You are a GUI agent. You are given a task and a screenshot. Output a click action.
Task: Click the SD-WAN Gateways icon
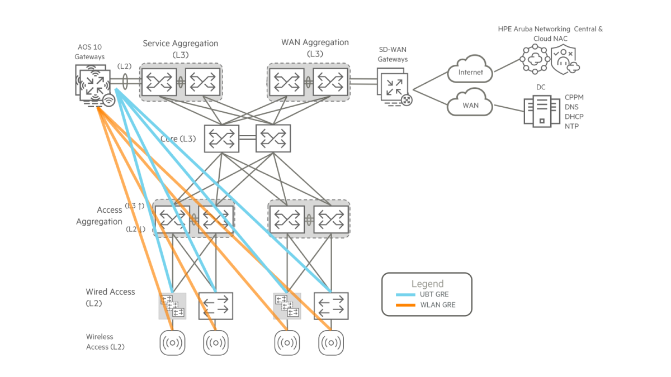point(394,87)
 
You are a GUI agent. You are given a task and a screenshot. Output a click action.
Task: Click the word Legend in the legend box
point(427,284)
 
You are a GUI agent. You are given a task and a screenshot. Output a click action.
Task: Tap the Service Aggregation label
point(181,43)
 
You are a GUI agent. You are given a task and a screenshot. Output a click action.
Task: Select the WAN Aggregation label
point(315,42)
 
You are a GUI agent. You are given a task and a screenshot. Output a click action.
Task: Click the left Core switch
point(221,138)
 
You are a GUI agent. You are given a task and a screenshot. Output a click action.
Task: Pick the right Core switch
point(273,138)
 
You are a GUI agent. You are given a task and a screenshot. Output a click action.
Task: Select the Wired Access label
point(110,292)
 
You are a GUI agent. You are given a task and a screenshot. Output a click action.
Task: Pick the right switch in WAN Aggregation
point(330,82)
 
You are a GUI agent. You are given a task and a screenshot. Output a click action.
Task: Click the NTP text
point(572,126)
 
